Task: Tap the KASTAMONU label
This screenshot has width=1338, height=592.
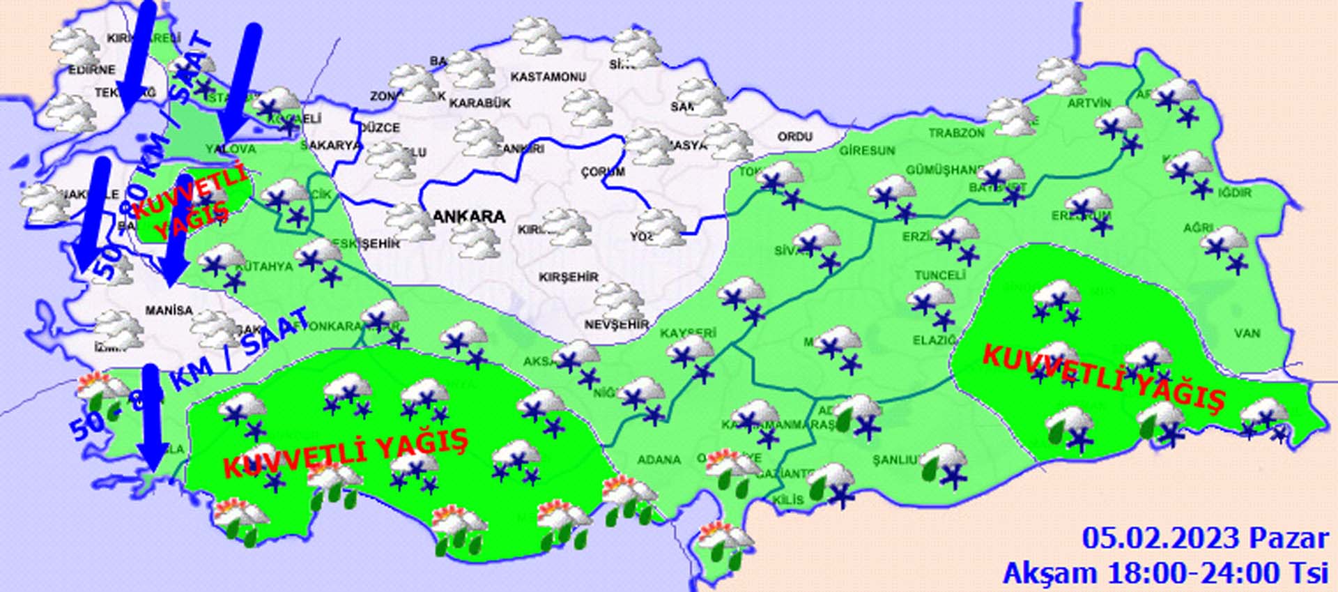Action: tap(548, 77)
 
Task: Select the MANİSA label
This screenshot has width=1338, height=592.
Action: tap(169, 310)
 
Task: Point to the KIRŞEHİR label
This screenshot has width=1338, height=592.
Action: tap(568, 277)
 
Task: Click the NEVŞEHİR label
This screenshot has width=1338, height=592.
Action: tap(616, 324)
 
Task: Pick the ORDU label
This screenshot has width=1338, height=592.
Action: tap(794, 137)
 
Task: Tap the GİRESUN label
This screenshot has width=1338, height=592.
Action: tap(866, 150)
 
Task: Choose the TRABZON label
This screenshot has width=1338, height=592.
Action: tap(956, 132)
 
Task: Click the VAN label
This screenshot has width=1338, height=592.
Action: tap(1247, 333)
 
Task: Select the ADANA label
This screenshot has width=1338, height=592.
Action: tap(659, 460)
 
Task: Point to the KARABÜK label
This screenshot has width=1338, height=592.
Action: tap(479, 103)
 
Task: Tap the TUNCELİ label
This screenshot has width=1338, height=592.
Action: tap(939, 275)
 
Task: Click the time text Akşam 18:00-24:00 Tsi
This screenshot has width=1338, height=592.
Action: tap(1165, 573)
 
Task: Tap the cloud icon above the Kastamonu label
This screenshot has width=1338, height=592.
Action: tap(537, 37)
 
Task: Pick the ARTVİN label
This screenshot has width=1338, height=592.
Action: tap(1089, 103)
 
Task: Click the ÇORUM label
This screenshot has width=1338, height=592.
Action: tap(603, 172)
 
